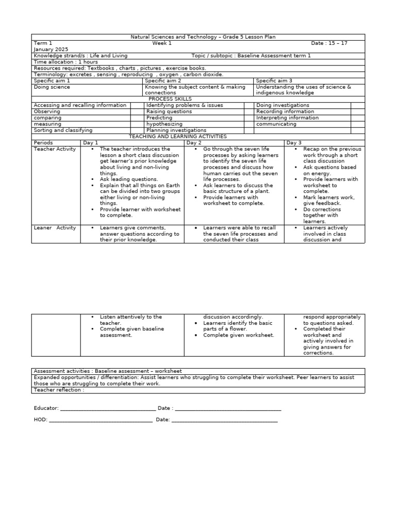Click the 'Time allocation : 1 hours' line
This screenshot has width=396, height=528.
tap(65, 62)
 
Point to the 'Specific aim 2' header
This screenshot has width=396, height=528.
tap(163, 81)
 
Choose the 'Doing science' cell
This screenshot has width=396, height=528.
tap(52, 87)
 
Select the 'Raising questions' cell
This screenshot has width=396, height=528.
tap(169, 111)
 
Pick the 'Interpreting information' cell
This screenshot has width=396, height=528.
tap(287, 118)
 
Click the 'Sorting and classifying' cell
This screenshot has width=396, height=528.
tap(63, 130)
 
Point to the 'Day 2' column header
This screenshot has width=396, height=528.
tap(194, 143)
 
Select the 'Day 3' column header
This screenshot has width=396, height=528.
tap(294, 143)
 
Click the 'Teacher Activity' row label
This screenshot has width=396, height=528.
tap(55, 149)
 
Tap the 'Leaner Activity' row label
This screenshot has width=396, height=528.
tap(55, 227)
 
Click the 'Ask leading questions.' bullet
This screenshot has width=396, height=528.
tap(129, 179)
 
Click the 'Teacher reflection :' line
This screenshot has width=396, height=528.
tap(58, 390)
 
